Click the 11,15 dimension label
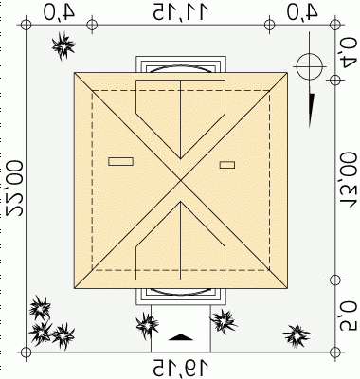tap(181, 11)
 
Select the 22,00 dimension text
tap(14, 189)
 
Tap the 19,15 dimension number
tap(181, 368)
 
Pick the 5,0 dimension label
tap(348, 316)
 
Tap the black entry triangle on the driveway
tap(181, 337)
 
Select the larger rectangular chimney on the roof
tap(120, 161)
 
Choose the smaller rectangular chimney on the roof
tap(227, 165)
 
